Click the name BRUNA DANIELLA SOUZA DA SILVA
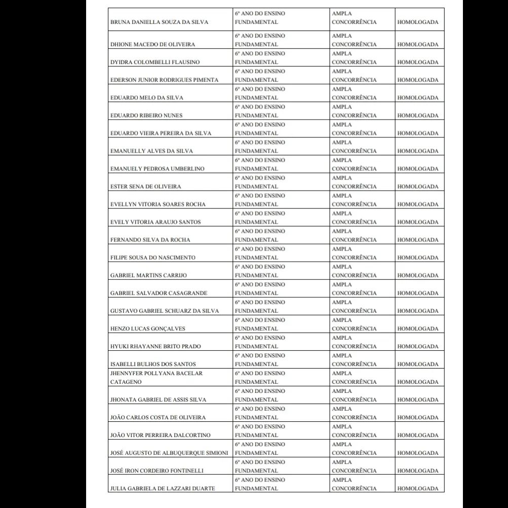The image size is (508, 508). pos(159,22)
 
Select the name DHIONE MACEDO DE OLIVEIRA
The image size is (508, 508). pos(152,45)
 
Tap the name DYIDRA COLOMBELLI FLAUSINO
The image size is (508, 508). pos(155,62)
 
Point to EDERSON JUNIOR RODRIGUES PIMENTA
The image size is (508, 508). pos(165,80)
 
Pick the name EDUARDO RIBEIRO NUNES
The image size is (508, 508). pos(146,116)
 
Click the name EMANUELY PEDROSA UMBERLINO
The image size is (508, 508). pos(158,169)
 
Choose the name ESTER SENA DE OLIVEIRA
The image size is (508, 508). pos(146,187)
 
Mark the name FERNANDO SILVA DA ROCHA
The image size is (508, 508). pos(150,240)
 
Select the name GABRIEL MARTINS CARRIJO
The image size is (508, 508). pos(148,275)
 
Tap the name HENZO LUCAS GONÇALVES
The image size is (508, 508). pos(148,329)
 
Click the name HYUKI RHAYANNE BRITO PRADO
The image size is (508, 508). pos(155,346)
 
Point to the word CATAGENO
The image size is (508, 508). pos(126,382)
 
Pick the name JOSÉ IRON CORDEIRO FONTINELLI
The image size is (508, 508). pos(157,470)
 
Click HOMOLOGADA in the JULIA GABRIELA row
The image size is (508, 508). pos(418,488)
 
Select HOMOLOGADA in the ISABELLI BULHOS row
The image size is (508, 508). pos(418,364)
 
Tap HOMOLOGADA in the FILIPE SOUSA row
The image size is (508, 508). pos(418,258)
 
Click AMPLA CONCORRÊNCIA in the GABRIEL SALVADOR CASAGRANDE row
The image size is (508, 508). pos(355,288)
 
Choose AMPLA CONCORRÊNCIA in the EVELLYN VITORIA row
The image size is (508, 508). pos(355,200)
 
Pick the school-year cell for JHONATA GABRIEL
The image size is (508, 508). pos(260,395)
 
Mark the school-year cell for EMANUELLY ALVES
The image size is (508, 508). pos(260,147)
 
